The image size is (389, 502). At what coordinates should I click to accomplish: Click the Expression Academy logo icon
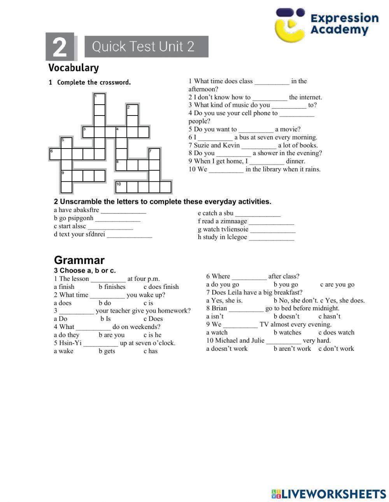[x=290, y=24]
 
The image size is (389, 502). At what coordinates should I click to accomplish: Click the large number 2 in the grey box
[x=60, y=47]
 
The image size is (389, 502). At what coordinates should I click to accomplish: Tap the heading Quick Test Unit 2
[x=143, y=47]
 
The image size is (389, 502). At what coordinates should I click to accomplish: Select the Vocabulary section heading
[x=74, y=68]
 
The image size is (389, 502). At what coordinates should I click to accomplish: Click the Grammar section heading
[x=79, y=260]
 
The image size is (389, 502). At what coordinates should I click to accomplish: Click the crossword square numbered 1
[x=100, y=99]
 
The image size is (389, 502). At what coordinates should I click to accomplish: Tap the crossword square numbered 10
[x=121, y=187]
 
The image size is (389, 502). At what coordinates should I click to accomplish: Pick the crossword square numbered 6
[x=55, y=154]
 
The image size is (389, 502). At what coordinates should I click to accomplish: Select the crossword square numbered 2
[x=133, y=110]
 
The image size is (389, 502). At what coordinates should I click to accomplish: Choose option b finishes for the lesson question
[x=112, y=287]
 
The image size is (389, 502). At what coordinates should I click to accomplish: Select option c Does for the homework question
[x=153, y=319]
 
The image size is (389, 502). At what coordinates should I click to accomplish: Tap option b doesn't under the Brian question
[x=286, y=317]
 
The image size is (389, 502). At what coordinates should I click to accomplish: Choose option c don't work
[x=336, y=348]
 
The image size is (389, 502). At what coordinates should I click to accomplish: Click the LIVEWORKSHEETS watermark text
[x=333, y=493]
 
